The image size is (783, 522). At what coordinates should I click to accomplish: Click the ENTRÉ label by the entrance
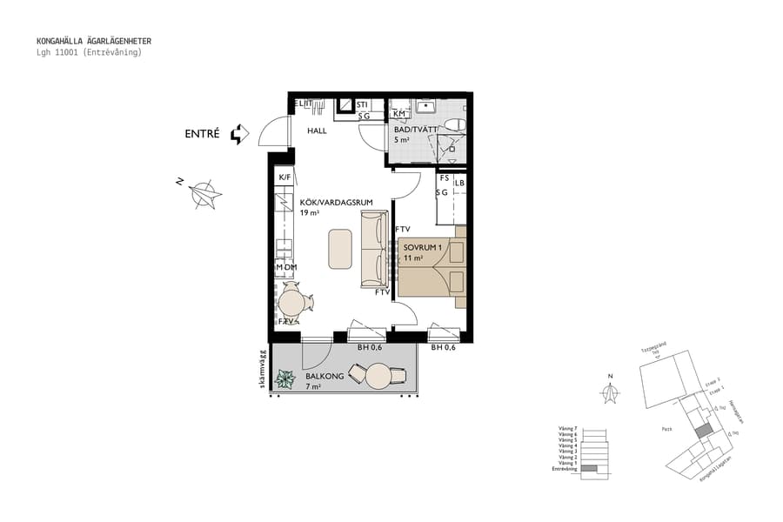[201, 134]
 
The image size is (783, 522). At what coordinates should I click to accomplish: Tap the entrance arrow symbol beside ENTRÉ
[239, 134]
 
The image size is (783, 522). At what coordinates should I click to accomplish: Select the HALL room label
[317, 130]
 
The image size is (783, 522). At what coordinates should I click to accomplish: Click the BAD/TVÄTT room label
[415, 129]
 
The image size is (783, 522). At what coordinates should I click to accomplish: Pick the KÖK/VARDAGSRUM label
[336, 203]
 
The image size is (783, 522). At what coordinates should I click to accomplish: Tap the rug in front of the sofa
[339, 249]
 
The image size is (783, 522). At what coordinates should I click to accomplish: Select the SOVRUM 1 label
[423, 247]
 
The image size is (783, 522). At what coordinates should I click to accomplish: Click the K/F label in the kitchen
[284, 178]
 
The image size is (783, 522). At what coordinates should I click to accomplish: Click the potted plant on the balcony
[284, 378]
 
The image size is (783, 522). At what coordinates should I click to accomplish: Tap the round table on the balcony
[378, 376]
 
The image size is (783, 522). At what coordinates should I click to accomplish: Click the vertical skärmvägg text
[262, 370]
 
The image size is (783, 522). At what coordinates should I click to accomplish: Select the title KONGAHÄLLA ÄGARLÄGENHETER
[94, 40]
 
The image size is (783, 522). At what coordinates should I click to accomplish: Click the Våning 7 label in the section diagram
[568, 428]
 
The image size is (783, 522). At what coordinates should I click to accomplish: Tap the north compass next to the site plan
[612, 391]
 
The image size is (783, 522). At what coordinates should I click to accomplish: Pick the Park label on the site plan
[667, 428]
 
